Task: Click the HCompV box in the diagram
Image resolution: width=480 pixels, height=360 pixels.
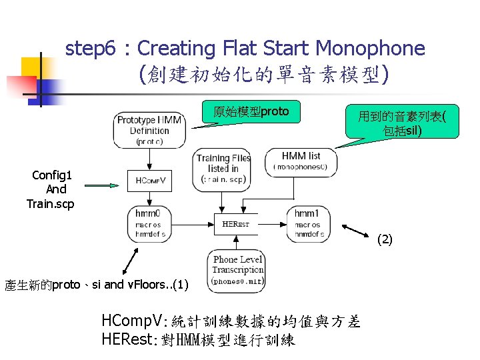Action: (x=150, y=181)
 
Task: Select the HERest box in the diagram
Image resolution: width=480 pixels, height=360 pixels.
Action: (x=235, y=224)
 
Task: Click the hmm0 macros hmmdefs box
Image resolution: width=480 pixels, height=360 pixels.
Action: (x=149, y=225)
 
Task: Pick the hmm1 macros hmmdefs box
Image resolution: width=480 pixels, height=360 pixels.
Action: (x=309, y=225)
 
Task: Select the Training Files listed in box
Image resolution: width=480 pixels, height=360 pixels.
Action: (x=223, y=168)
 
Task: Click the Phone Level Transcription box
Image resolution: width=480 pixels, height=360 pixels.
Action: (x=238, y=270)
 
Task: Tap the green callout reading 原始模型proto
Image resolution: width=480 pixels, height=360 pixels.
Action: (x=251, y=113)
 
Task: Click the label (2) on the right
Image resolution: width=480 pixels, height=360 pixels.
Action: (x=385, y=239)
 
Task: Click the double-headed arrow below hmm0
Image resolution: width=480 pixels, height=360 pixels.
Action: (x=129, y=261)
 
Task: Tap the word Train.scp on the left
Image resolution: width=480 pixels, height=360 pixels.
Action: (x=51, y=203)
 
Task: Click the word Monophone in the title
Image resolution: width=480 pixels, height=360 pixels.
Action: (x=370, y=49)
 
